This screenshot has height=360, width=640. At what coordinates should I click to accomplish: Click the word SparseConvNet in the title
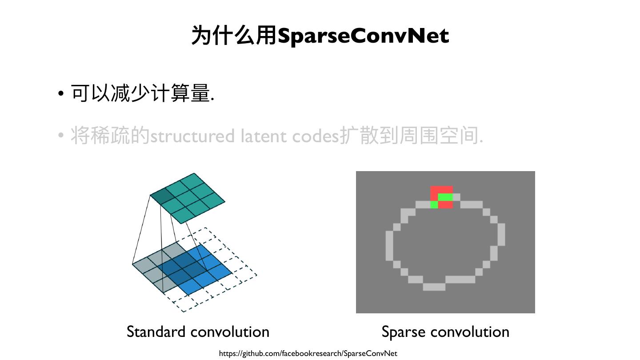(x=363, y=36)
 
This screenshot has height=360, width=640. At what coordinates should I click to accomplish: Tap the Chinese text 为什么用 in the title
(x=234, y=36)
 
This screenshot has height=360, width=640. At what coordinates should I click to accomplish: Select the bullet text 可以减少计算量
(x=142, y=93)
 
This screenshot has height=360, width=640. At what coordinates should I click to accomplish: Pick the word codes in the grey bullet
(x=316, y=136)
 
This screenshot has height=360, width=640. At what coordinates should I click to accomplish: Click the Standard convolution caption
(x=198, y=332)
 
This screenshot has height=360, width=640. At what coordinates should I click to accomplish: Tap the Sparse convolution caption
(x=445, y=332)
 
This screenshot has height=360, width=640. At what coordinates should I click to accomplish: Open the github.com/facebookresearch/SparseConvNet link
(x=308, y=353)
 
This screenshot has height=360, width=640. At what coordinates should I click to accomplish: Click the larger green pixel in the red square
(x=445, y=197)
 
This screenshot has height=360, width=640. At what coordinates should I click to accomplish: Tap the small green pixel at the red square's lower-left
(x=434, y=204)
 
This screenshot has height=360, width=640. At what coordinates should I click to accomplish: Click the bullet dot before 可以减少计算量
(x=61, y=94)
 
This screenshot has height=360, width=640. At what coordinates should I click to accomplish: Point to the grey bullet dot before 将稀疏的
(x=61, y=136)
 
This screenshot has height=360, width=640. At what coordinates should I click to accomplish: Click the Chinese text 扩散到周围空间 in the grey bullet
(x=411, y=136)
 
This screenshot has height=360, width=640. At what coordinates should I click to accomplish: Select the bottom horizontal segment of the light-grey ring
(x=434, y=287)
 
